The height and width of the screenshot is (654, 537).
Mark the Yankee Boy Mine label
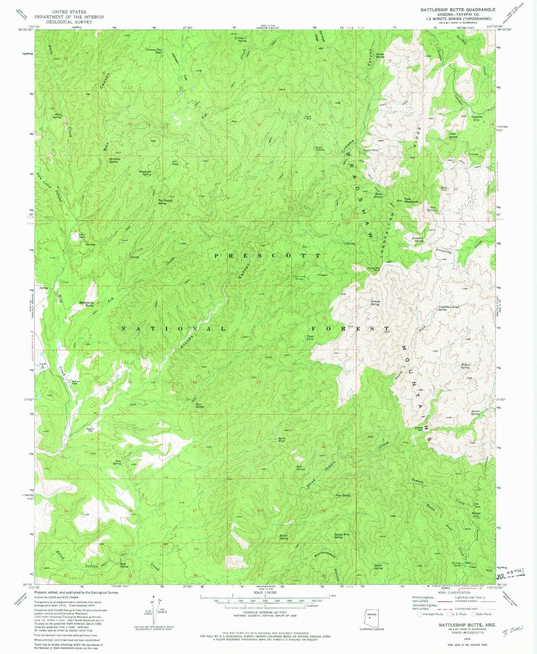[x=374, y=269]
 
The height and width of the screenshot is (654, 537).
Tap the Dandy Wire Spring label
[x=342, y=536]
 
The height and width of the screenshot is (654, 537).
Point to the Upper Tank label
[x=310, y=338]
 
